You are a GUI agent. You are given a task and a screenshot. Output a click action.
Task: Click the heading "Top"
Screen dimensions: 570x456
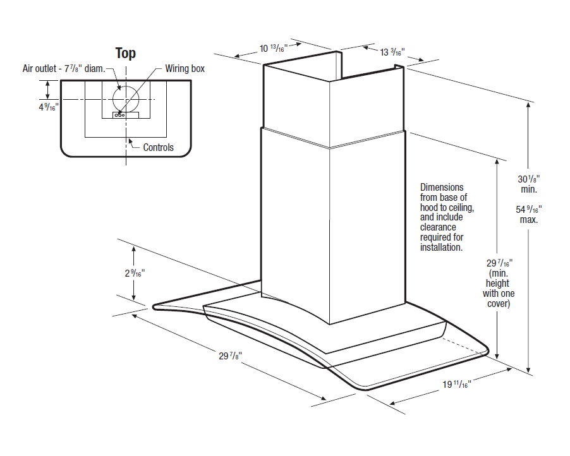[125, 54]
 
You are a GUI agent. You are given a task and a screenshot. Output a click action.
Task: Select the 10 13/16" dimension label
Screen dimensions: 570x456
[274, 48]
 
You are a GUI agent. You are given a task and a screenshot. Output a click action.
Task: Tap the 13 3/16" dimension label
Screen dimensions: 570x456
[392, 52]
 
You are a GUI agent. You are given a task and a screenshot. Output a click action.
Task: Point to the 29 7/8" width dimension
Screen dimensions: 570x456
[230, 356]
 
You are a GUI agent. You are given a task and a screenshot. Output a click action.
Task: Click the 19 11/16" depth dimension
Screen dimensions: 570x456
[457, 384]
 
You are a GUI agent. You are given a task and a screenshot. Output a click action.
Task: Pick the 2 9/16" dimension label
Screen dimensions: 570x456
[135, 273]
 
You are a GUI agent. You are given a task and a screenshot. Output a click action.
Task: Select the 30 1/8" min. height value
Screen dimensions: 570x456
[528, 184]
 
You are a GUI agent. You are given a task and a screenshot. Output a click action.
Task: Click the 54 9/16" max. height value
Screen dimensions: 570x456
[528, 214]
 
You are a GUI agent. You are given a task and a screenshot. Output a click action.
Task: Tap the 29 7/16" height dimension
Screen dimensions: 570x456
[499, 263]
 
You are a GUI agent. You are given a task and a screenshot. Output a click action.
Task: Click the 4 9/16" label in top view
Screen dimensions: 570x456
[49, 107]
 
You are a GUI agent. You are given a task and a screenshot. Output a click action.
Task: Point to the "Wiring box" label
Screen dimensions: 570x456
[185, 69]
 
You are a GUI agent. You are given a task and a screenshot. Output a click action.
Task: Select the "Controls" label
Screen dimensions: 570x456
[158, 148]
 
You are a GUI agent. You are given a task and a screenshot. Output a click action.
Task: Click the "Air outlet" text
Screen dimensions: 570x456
[39, 69]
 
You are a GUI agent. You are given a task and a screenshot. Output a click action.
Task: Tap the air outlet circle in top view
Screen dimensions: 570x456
[126, 99]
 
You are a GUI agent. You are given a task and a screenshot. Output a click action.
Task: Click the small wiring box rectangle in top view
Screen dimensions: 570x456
[126, 115]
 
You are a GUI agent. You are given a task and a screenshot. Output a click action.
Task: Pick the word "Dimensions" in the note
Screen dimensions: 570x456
[442, 188]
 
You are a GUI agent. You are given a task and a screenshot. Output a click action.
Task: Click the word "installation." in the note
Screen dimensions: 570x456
[441, 248]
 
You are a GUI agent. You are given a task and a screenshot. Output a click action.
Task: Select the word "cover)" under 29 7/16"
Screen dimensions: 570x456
[499, 304]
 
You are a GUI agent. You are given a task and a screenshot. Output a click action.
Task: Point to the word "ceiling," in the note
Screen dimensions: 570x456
[460, 207]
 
